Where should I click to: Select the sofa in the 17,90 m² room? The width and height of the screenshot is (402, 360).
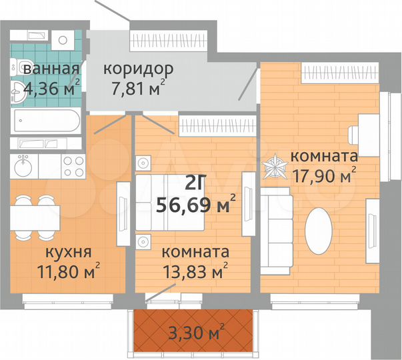(x=274, y=231)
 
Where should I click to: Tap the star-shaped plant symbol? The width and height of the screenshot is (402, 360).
(x=275, y=167)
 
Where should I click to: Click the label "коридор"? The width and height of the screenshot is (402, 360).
(x=137, y=69)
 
